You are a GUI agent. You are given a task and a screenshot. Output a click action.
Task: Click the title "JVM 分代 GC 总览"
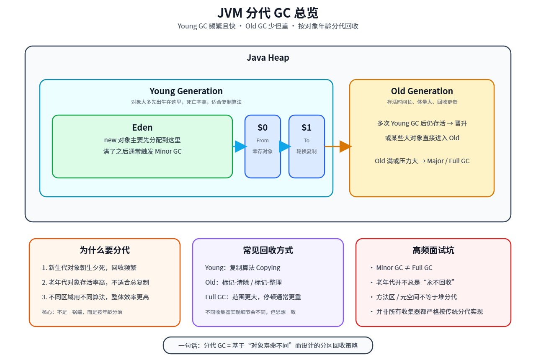pos(268,13)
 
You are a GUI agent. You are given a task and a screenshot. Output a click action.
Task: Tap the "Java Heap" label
pos(268,58)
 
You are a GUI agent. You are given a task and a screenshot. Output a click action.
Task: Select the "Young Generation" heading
pos(186,91)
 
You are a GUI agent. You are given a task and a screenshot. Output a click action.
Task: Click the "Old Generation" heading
pos(422,91)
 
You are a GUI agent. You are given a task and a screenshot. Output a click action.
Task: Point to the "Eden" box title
pos(142,128)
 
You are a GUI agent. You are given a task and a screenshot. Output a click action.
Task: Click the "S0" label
pos(263,128)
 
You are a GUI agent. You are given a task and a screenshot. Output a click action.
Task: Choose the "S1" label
pos(307,128)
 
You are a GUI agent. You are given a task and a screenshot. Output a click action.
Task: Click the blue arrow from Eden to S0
pos(240,147)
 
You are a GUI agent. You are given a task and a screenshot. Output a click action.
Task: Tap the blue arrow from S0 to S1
pos(285,147)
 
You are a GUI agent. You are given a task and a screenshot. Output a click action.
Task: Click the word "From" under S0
pos(263,141)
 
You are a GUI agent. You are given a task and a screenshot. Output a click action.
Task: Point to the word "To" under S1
pos(307,141)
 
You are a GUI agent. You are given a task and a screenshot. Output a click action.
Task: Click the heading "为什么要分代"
pos(105,250)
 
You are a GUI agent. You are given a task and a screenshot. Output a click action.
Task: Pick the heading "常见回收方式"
pos(268,250)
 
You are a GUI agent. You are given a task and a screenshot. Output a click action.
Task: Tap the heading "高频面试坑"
pos(433,250)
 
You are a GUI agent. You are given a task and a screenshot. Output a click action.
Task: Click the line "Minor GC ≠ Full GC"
pos(404,268)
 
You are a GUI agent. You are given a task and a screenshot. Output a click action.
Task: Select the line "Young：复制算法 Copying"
pos(242,268)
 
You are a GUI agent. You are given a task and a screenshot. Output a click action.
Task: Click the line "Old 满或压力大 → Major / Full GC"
pos(422,161)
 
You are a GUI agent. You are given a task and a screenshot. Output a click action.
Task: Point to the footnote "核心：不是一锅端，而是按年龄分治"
pos(82,312)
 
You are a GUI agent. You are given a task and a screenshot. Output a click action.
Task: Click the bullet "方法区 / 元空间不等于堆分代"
pos(416,297)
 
